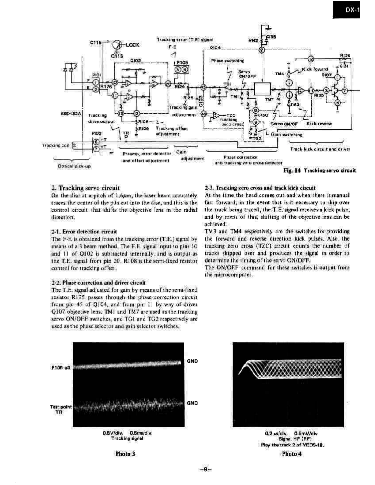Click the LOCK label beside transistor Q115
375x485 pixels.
click(x=133, y=45)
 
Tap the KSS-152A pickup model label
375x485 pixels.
click(x=71, y=114)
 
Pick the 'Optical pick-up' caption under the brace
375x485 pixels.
click(x=74, y=166)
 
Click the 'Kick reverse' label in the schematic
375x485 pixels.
click(x=319, y=124)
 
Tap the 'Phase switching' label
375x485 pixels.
click(x=227, y=61)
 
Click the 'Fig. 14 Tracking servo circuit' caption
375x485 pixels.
click(x=320, y=171)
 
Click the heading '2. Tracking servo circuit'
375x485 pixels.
click(x=86, y=188)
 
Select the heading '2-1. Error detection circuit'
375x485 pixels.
click(x=84, y=232)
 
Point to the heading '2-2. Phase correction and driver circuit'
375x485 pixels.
click(x=99, y=282)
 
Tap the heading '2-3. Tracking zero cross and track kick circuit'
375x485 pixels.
click(x=260, y=188)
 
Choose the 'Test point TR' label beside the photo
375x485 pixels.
click(x=61, y=409)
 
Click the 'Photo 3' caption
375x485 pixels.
click(x=125, y=454)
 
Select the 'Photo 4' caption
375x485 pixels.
click(x=291, y=454)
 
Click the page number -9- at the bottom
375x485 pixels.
click(x=205, y=469)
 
